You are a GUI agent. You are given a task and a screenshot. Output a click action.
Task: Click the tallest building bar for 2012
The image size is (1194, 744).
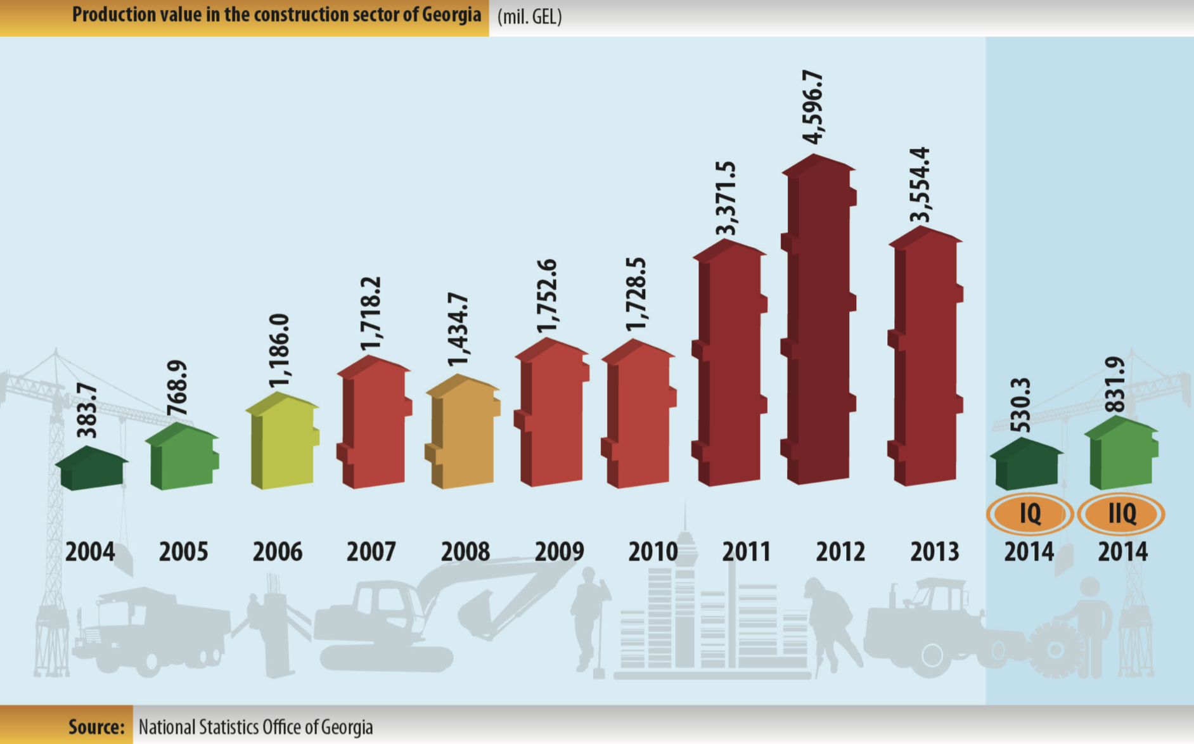pos(819,323)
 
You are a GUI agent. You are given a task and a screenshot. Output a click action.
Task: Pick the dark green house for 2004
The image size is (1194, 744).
pos(93,469)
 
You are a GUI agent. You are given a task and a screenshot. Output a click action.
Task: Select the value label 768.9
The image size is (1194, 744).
pos(177,388)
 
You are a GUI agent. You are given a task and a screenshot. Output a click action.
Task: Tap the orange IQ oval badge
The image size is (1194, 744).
pos(1030,513)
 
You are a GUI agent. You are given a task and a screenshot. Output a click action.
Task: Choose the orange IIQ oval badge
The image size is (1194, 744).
pos(1122,513)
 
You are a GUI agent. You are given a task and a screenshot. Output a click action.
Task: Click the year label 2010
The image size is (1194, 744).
pos(653,552)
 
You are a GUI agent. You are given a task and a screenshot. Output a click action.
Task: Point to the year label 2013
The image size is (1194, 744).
pos(934,552)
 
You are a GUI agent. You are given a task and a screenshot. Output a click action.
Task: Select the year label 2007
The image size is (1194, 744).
pos(371,552)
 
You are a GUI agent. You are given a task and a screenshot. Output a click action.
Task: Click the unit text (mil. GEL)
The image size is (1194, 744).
pos(530,17)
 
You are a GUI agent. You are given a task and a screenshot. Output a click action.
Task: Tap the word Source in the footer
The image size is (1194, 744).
pos(96,727)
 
